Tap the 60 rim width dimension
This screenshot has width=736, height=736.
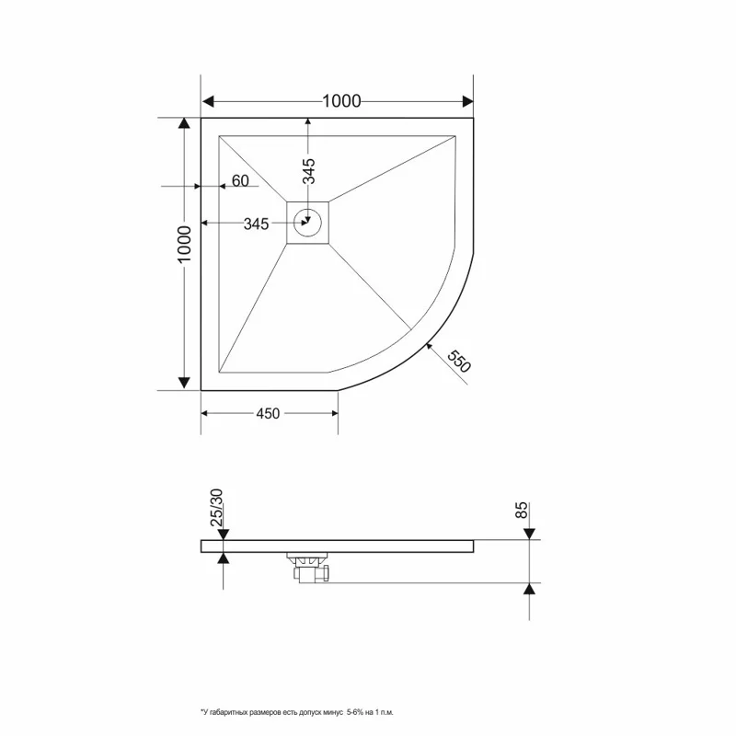point(240,181)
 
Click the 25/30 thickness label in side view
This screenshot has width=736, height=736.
point(217,507)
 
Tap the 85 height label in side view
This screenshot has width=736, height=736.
point(522,511)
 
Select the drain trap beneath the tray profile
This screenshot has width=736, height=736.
point(308,567)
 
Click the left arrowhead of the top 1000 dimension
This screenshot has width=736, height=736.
point(208,101)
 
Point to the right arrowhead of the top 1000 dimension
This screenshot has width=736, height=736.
point(466,101)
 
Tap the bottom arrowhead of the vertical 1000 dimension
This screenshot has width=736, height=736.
point(185,382)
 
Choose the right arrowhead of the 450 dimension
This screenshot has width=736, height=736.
point(333,413)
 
